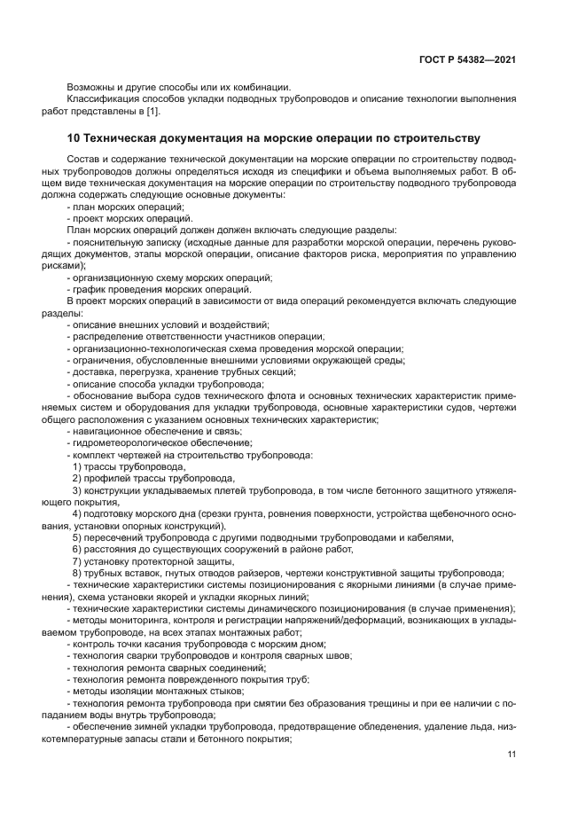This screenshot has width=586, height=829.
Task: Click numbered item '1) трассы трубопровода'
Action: (129, 466)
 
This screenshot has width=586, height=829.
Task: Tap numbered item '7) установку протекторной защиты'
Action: (146, 561)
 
